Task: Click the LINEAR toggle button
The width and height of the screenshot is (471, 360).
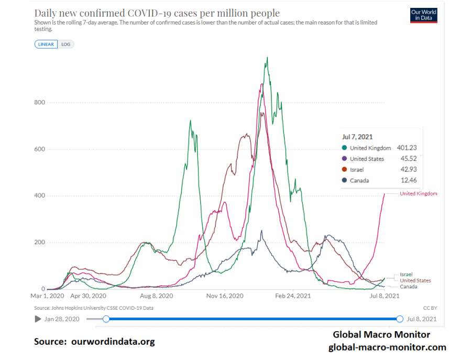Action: [x=46, y=45]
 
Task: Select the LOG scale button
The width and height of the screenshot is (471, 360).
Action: [x=65, y=45]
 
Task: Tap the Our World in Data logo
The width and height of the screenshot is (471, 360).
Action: [x=423, y=15]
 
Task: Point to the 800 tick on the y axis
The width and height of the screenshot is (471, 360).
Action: [x=39, y=102]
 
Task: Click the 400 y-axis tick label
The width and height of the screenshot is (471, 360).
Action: [x=39, y=195]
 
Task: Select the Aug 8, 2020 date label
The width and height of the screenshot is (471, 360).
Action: [x=157, y=296]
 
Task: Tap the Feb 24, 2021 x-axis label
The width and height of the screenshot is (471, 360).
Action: [x=293, y=296]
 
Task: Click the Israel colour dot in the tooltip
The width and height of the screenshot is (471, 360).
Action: [x=344, y=170]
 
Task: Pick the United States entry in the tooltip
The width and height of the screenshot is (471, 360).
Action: [x=367, y=159]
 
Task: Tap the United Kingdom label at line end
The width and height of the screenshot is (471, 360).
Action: [x=418, y=194]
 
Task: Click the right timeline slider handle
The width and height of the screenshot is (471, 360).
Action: [x=400, y=319]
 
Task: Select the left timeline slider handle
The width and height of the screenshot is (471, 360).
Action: [x=106, y=319]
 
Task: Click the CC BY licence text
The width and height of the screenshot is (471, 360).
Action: [x=430, y=308]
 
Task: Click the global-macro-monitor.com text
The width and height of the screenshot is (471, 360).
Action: [x=387, y=347]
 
